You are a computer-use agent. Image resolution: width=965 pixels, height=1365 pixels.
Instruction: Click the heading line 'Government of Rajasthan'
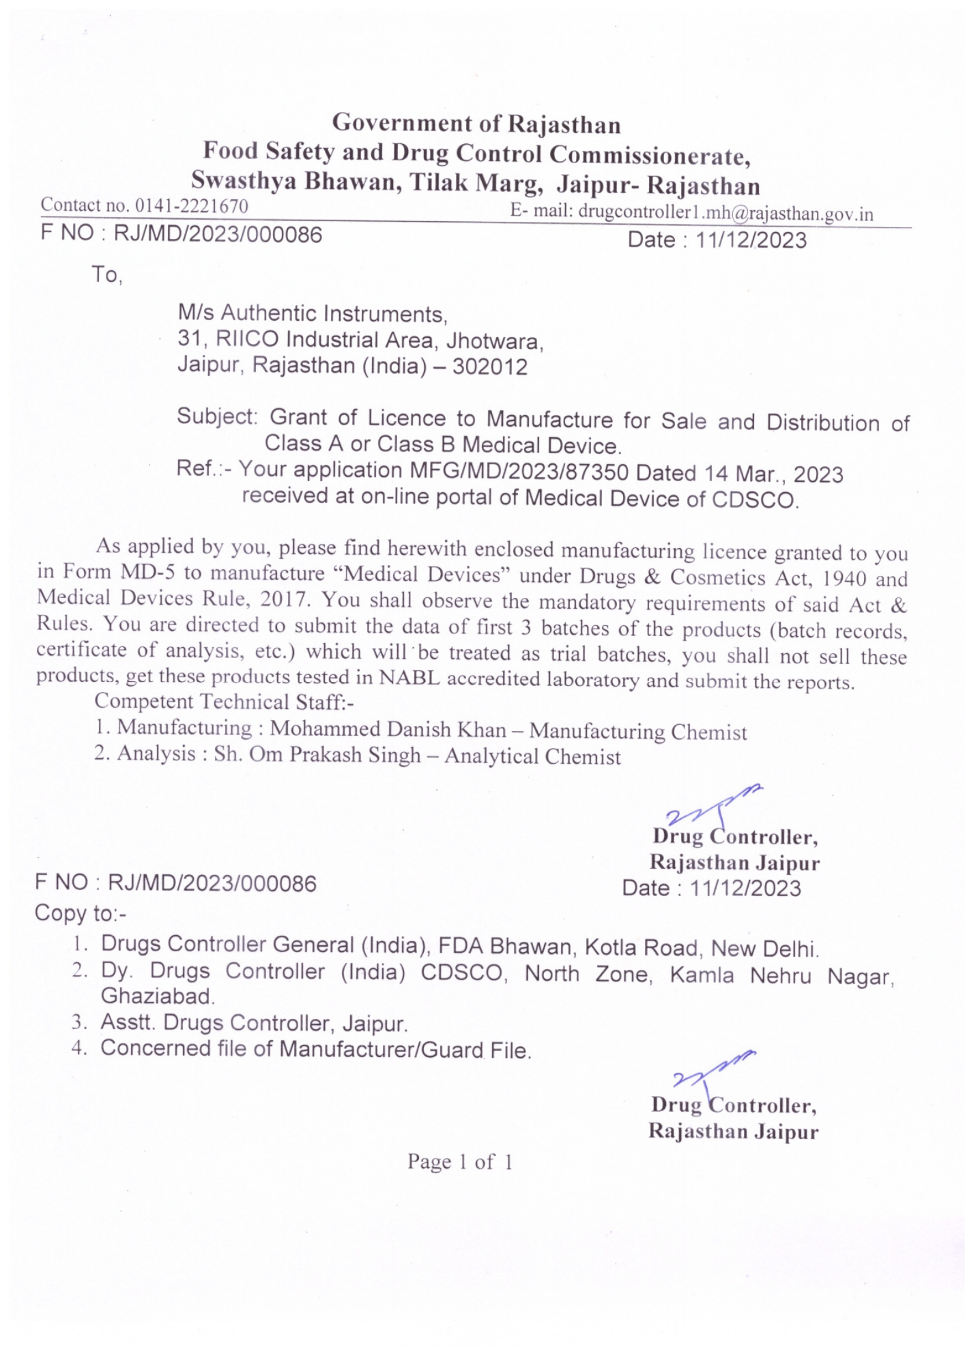(476, 124)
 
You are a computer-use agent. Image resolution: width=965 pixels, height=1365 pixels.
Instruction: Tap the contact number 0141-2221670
(191, 205)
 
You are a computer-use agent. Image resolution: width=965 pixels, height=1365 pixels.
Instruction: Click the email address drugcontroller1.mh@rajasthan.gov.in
(725, 213)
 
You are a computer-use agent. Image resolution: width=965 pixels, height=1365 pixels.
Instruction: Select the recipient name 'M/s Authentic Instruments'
(312, 313)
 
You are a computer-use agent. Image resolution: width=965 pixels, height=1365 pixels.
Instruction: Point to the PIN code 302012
(490, 367)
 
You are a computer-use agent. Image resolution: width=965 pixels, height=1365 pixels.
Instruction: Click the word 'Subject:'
(217, 416)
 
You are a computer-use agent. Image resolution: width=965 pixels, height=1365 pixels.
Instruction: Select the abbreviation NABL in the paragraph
(409, 678)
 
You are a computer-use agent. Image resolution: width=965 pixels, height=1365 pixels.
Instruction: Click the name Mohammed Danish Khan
(388, 729)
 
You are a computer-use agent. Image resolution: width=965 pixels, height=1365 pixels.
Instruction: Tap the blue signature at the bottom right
(710, 1072)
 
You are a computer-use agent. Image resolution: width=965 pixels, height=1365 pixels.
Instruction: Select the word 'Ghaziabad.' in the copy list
(158, 996)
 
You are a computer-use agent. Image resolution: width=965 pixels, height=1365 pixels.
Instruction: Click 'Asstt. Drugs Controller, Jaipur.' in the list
(254, 1023)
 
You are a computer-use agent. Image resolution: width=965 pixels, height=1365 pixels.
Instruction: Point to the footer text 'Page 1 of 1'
(460, 1162)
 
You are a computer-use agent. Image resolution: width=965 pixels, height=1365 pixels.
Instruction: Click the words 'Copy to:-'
(81, 913)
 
